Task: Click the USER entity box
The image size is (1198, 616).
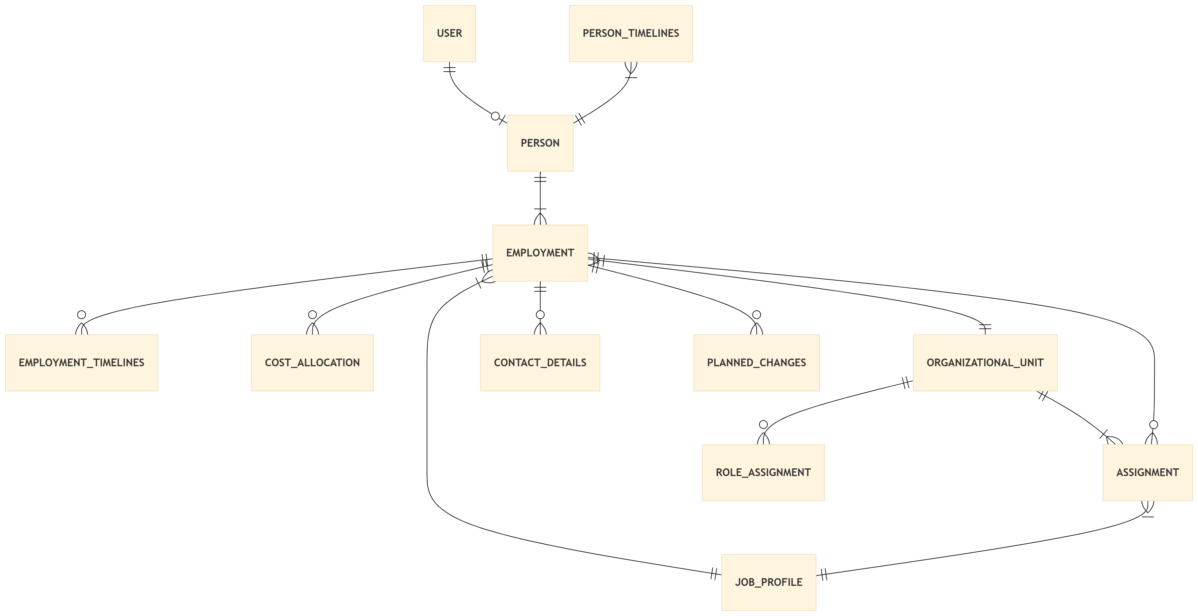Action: point(449,33)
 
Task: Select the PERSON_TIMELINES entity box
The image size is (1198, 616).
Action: point(630,33)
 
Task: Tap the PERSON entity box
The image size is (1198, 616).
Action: point(540,143)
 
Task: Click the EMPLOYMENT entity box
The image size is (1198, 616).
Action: point(540,253)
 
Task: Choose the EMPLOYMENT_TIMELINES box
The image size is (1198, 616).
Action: point(81,363)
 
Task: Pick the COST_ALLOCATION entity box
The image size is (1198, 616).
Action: point(312,363)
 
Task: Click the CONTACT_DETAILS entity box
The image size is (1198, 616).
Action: point(540,363)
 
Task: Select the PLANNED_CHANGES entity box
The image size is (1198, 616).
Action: point(756,363)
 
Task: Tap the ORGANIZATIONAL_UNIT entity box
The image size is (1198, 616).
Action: point(985,363)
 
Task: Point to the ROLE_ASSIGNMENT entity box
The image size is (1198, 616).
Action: point(763,472)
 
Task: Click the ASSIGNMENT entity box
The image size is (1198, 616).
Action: point(1147,472)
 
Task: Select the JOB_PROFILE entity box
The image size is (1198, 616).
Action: point(768,582)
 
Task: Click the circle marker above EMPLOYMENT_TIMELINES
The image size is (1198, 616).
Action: point(81,315)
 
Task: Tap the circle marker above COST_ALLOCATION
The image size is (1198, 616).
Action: point(312,315)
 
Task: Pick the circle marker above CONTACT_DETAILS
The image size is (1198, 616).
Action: point(540,315)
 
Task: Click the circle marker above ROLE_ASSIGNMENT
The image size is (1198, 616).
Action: point(763,425)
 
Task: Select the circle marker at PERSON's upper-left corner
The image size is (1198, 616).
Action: point(495,116)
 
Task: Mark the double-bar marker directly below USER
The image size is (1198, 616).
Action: point(449,69)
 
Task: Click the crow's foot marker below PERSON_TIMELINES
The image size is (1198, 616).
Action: point(630,69)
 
